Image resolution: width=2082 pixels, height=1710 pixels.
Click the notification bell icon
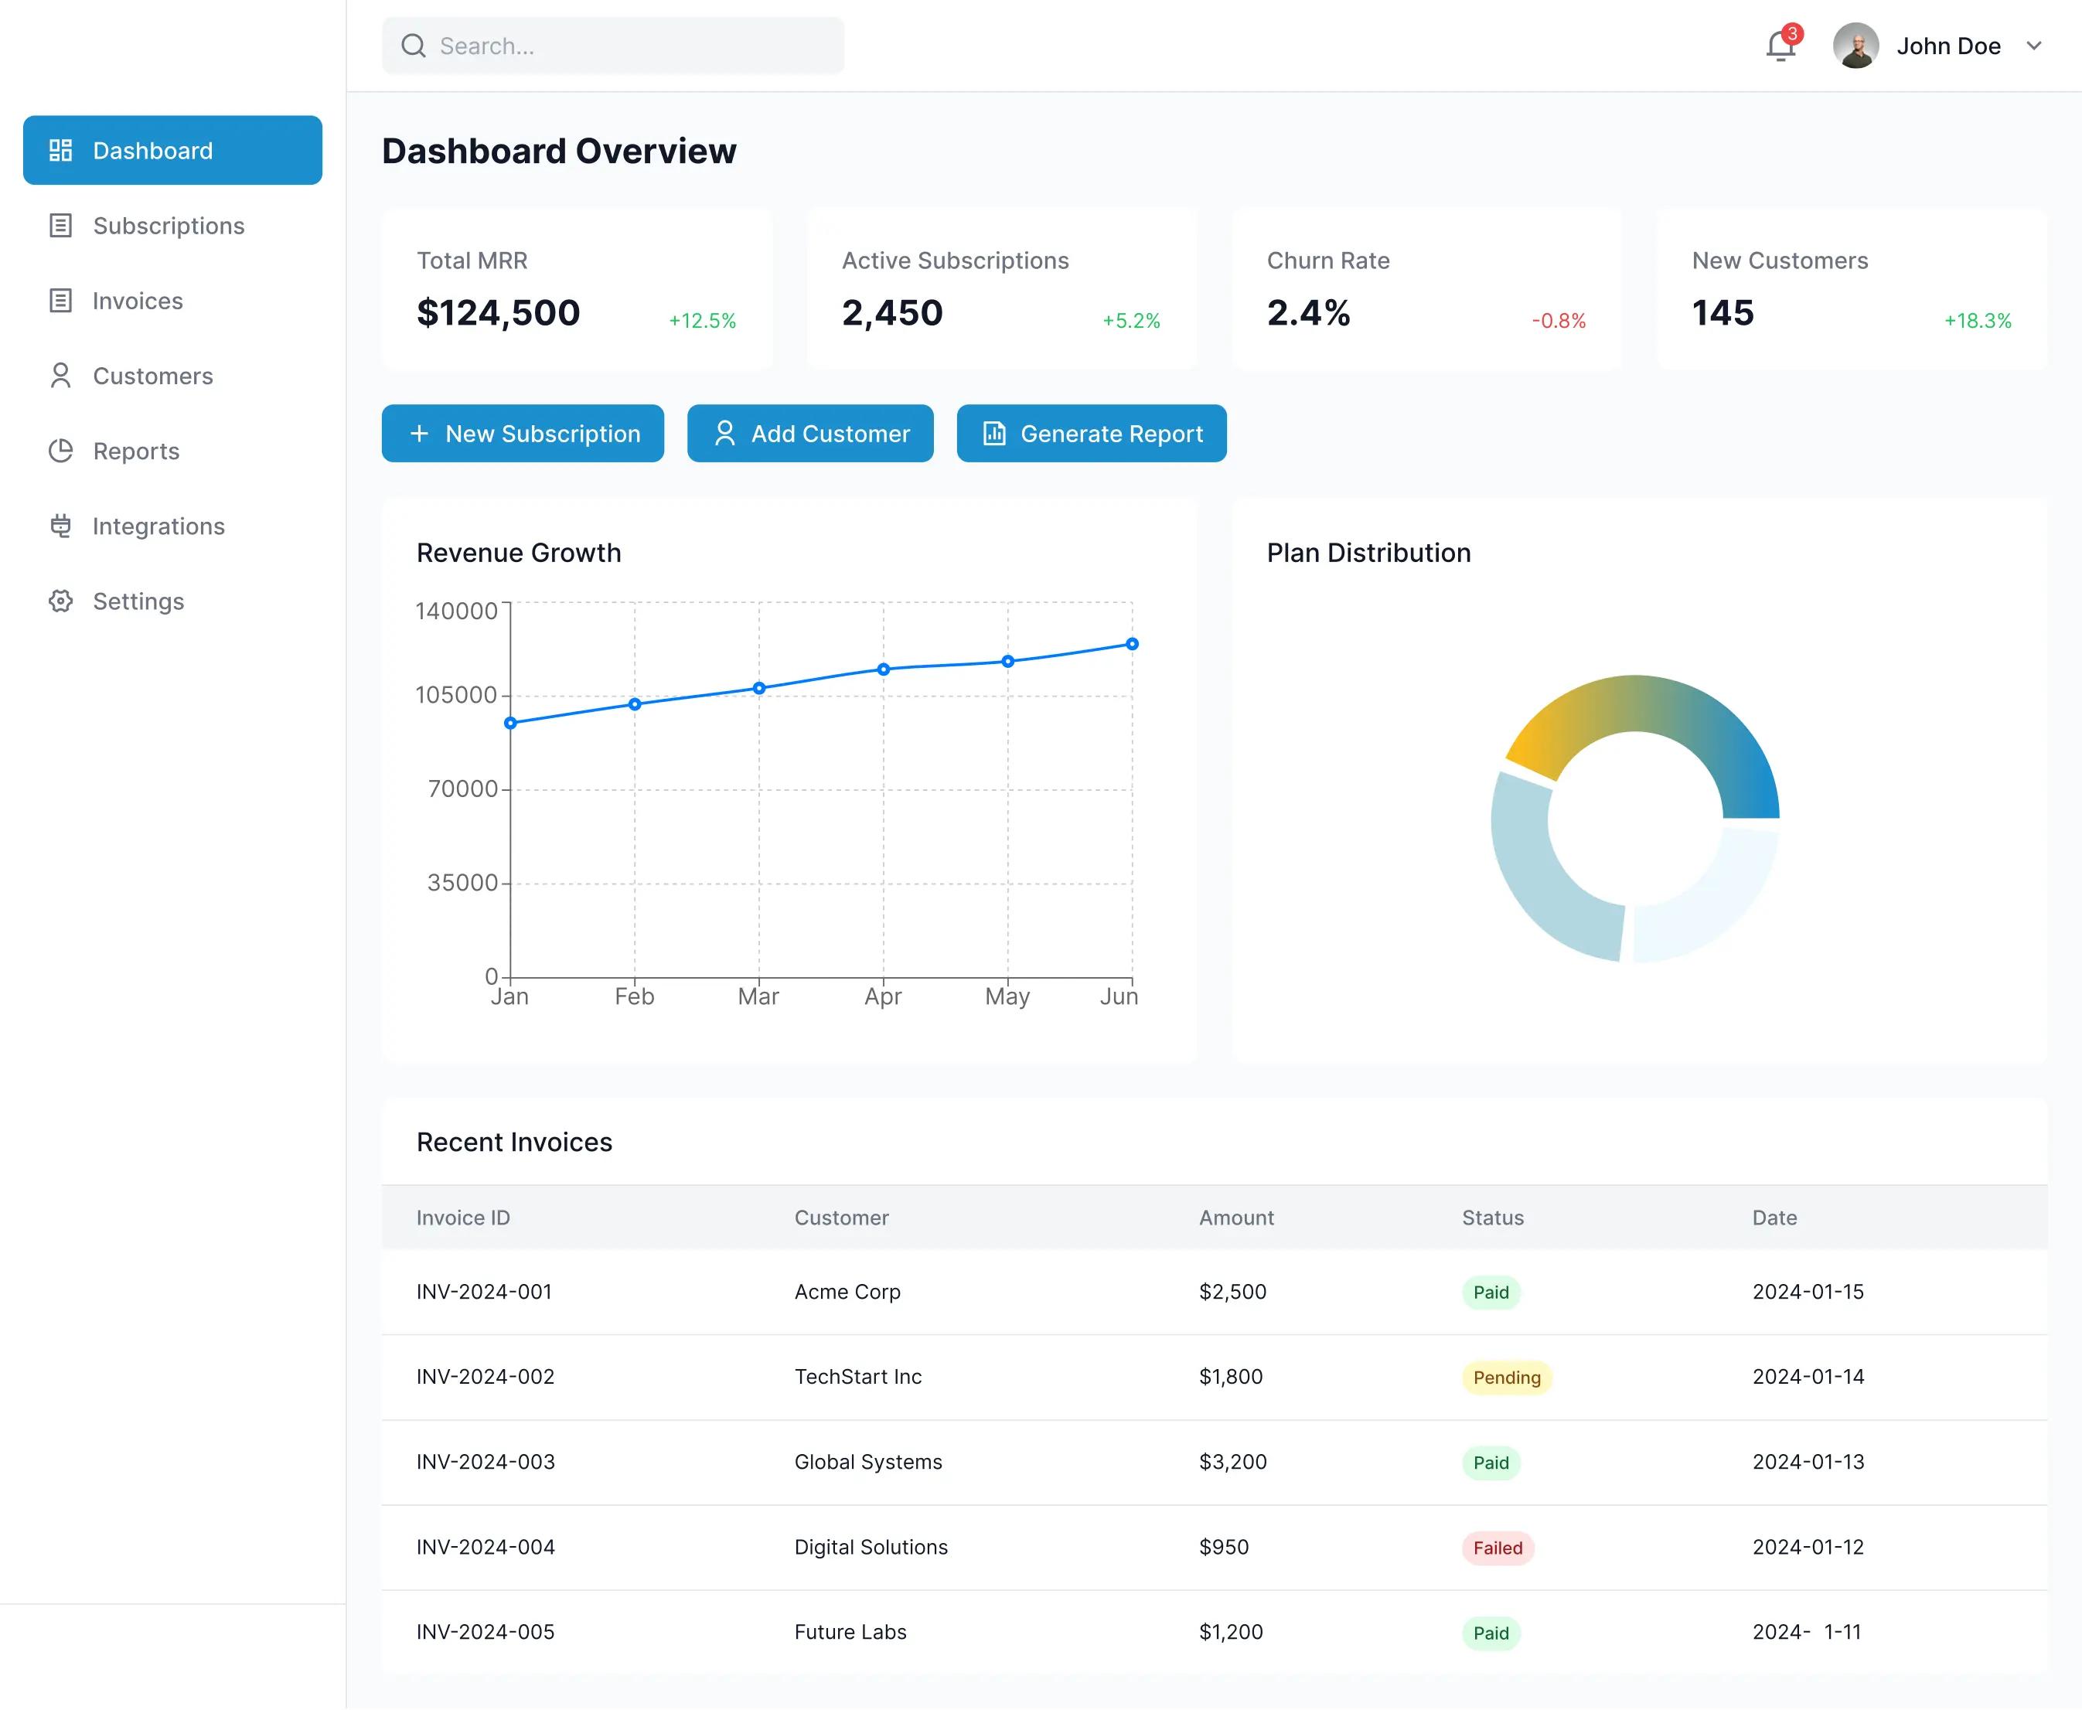1779,46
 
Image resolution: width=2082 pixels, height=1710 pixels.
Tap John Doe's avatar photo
1855,46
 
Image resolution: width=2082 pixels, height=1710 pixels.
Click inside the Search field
630,46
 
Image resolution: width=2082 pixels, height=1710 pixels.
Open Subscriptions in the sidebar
169,226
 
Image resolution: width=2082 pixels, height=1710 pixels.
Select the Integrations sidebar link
158,526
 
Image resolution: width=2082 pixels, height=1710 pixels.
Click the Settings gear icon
61,601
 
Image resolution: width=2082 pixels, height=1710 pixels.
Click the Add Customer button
809,434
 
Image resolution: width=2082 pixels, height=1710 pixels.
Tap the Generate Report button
1091,434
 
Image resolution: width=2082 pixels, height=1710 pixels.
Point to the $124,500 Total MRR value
499,313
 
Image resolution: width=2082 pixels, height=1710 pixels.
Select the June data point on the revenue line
1132,644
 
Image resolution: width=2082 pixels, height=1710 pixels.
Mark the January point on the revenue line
510,723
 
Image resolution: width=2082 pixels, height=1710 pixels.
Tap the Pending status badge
1506,1377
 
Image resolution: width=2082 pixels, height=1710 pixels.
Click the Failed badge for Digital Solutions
1497,1548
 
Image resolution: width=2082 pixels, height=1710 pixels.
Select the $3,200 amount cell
1232,1462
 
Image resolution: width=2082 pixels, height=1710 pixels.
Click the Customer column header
841,1218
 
